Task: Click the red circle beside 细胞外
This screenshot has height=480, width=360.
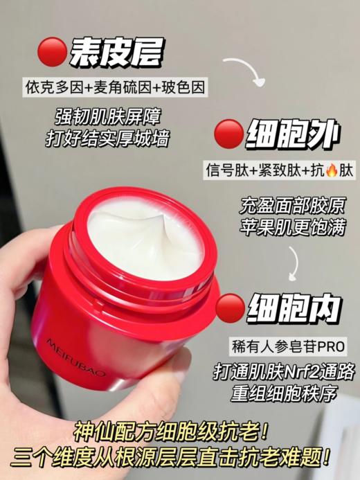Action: [x=229, y=134]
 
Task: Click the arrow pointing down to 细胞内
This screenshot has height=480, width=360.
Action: [x=298, y=262]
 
